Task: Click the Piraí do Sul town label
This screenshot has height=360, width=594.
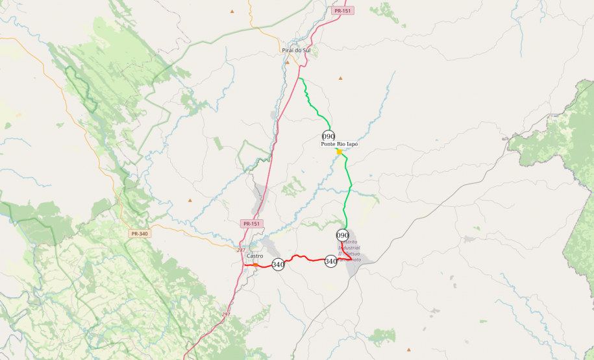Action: [297, 50]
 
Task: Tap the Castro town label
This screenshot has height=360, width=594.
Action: [255, 256]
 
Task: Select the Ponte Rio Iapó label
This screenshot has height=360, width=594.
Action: [340, 144]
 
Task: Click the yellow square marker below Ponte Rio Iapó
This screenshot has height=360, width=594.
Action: [339, 151]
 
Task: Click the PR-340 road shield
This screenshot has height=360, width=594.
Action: [140, 234]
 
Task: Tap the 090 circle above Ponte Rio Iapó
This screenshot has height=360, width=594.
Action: [328, 136]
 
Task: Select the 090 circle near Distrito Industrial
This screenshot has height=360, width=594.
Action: [343, 235]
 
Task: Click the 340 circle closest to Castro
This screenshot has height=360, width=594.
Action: [278, 265]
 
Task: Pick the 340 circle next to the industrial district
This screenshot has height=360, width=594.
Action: [331, 261]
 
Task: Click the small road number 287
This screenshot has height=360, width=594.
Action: [241, 250]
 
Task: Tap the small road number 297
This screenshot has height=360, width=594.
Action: [226, 314]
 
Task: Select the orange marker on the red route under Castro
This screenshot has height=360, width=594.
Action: [256, 265]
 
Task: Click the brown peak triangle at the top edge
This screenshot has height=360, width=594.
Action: [232, 11]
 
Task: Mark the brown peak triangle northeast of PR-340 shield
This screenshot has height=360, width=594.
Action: [190, 200]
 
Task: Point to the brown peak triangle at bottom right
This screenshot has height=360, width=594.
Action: [408, 349]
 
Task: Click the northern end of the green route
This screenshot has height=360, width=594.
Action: [300, 78]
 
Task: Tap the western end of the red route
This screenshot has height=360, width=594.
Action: [245, 264]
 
